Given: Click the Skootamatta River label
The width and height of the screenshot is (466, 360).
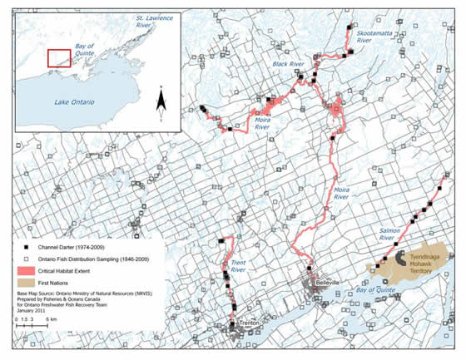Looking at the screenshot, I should [x=374, y=36].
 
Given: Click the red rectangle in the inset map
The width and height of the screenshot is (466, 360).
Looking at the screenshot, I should [x=59, y=57].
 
